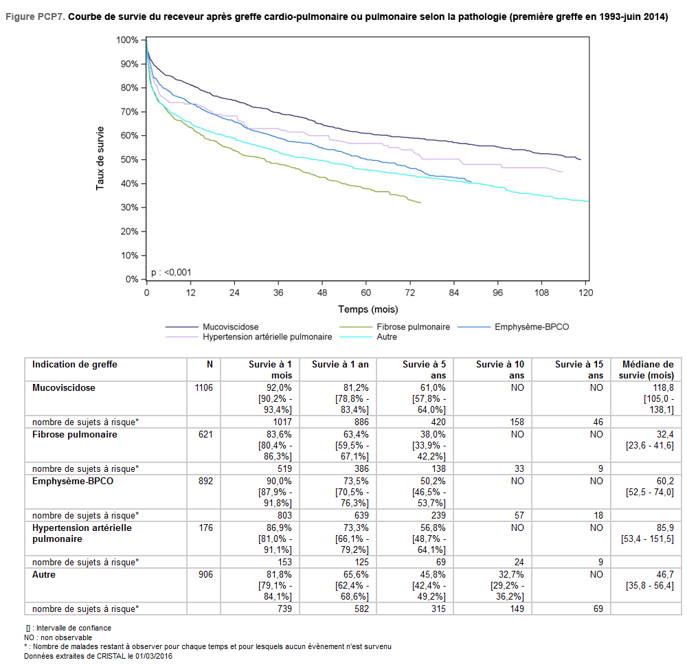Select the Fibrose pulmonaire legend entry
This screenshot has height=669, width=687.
(413, 327)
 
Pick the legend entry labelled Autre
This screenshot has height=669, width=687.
(386, 337)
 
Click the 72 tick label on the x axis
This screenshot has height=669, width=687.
(409, 292)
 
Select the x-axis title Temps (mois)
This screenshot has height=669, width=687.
(368, 310)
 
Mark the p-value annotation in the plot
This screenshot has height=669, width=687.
(171, 273)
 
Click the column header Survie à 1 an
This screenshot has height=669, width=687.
(340, 365)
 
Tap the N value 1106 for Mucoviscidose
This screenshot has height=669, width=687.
(204, 388)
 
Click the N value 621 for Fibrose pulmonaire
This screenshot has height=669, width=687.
(206, 435)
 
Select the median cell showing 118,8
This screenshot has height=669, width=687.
(662, 388)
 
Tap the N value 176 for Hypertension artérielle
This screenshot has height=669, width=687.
(206, 528)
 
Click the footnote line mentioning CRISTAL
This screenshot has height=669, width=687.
(98, 656)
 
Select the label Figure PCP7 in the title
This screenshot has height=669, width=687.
(35, 17)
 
